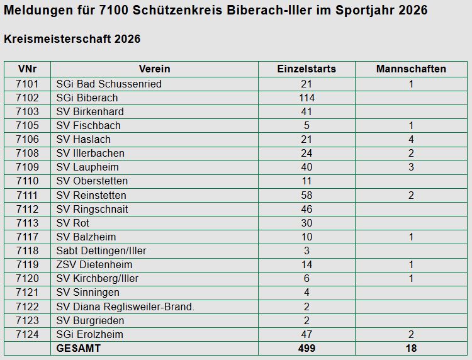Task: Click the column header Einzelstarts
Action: (x=306, y=69)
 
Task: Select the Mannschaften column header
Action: (x=411, y=69)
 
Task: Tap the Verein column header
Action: (x=154, y=69)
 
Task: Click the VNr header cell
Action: (x=27, y=69)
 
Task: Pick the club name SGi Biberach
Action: (x=87, y=98)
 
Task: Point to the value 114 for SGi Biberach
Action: (x=306, y=98)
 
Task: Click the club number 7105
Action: (x=27, y=125)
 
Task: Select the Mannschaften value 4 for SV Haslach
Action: (x=411, y=139)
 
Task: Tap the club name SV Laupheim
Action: (x=87, y=167)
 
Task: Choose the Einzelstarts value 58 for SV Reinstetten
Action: (x=306, y=195)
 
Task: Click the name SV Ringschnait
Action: (x=92, y=209)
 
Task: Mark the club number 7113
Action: (x=27, y=223)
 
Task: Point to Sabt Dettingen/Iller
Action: (x=101, y=250)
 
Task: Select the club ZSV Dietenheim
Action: (x=94, y=264)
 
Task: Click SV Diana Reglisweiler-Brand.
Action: (x=125, y=307)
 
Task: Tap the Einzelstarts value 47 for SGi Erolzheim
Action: (x=306, y=334)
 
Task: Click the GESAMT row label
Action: (x=78, y=348)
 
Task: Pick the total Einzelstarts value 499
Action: (x=306, y=348)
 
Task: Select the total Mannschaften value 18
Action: (x=411, y=348)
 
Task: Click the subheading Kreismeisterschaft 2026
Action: (x=72, y=39)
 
